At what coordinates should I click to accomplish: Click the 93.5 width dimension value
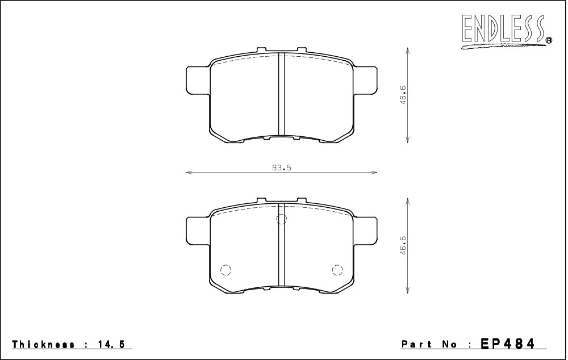click(x=282, y=168)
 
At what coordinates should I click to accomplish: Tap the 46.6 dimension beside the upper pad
click(x=403, y=95)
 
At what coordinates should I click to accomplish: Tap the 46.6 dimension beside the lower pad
click(x=403, y=245)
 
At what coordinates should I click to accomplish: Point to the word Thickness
click(x=44, y=344)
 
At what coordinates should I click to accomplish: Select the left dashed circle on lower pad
click(x=225, y=270)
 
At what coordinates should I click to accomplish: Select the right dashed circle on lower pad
click(x=337, y=270)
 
